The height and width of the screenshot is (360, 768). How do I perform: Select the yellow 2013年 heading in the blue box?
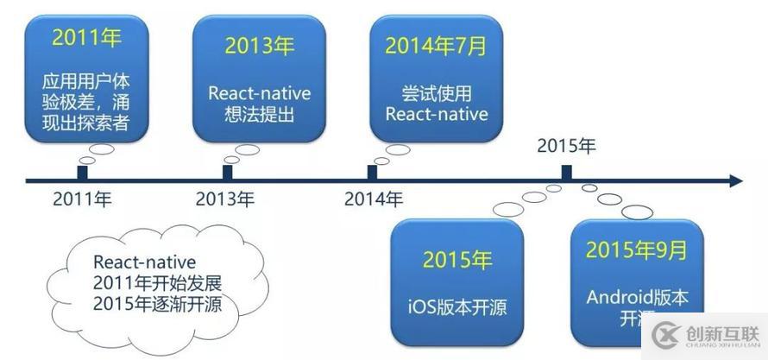[x=259, y=46]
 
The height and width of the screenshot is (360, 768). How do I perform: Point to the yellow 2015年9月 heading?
[x=637, y=250]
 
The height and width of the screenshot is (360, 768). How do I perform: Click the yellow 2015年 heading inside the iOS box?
[x=457, y=259]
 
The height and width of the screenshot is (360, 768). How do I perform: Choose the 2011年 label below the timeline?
[x=82, y=199]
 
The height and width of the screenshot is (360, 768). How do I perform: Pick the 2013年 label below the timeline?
[x=225, y=199]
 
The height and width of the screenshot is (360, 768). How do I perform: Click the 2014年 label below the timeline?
[x=374, y=199]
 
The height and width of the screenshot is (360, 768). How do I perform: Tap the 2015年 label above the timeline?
[x=566, y=146]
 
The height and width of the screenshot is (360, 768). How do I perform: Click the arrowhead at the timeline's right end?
[x=735, y=181]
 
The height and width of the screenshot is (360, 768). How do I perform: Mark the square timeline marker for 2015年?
[x=566, y=173]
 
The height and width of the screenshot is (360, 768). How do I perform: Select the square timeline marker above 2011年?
[x=82, y=174]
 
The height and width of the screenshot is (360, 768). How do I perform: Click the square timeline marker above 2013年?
[x=226, y=174]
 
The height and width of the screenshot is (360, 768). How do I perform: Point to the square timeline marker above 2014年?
[x=373, y=173]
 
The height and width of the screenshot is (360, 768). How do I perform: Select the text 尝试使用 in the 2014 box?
[x=436, y=92]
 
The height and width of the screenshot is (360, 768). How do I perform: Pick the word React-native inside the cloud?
[x=145, y=262]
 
